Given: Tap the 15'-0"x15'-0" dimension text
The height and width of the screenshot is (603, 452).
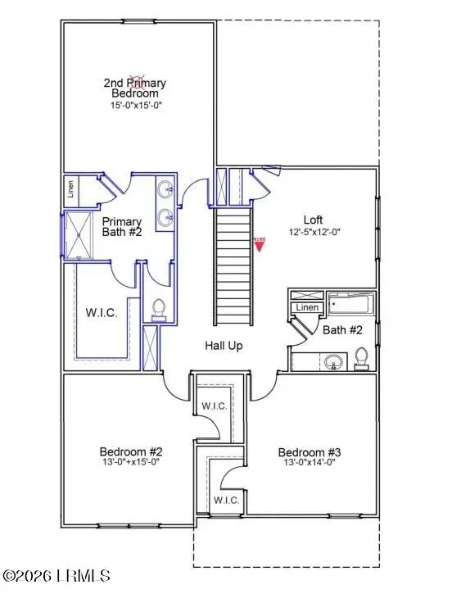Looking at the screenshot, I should click(135, 106).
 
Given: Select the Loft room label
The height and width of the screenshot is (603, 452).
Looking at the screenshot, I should click(313, 220).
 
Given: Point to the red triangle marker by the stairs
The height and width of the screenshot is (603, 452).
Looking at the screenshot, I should click(260, 244).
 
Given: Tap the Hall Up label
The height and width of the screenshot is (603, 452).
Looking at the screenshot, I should click(224, 346).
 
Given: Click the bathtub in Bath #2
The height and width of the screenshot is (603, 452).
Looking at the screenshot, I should click(351, 304).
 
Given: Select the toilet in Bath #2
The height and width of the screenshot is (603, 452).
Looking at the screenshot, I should click(360, 358).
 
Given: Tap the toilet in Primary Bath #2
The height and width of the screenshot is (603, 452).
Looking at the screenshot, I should click(160, 309).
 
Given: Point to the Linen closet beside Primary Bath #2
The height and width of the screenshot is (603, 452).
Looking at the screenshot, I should click(72, 190).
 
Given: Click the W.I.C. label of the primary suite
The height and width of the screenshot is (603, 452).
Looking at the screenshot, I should click(102, 313).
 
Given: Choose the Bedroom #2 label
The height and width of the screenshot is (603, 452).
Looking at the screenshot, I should click(131, 451).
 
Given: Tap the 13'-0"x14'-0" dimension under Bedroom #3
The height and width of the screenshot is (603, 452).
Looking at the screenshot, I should click(309, 462).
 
